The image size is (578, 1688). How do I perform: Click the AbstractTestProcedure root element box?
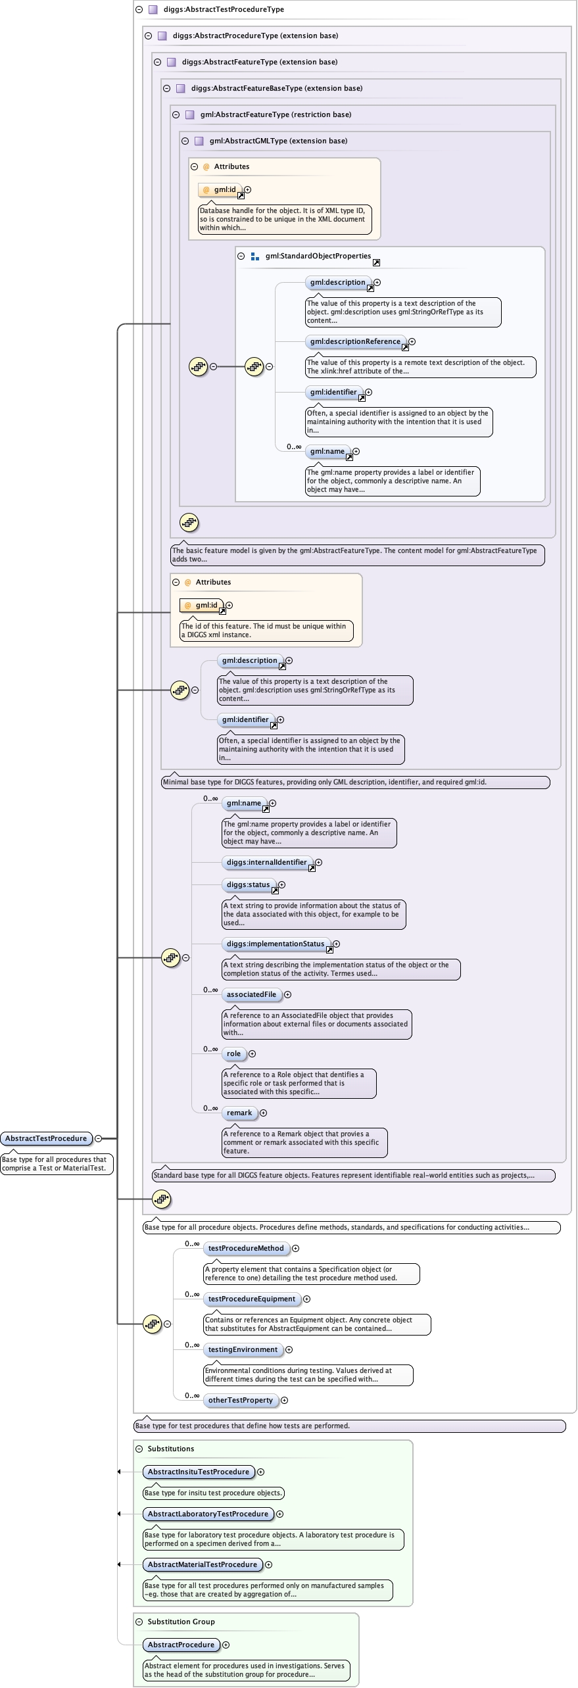click(46, 1138)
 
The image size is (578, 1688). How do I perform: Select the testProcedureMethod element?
click(246, 1248)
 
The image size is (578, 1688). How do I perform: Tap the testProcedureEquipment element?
click(252, 1299)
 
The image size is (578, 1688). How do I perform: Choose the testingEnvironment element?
click(243, 1349)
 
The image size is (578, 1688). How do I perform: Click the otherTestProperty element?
click(240, 1400)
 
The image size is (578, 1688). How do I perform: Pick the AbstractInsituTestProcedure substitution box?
click(198, 1472)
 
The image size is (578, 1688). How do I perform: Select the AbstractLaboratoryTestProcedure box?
click(208, 1514)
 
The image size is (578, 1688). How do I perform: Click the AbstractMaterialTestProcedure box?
click(202, 1564)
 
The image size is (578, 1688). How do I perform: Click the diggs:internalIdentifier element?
click(266, 862)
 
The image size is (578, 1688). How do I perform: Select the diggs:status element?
click(248, 884)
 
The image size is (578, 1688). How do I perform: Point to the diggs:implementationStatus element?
click(275, 944)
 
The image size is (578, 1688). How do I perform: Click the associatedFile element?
click(251, 994)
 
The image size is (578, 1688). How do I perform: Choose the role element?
click(233, 1053)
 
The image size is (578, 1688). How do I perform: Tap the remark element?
click(239, 1113)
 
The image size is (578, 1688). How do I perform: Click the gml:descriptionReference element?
click(355, 341)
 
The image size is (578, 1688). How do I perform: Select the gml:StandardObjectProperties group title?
click(318, 256)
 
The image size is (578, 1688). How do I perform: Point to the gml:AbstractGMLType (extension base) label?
click(278, 141)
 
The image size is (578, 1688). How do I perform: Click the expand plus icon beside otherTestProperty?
click(285, 1400)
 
